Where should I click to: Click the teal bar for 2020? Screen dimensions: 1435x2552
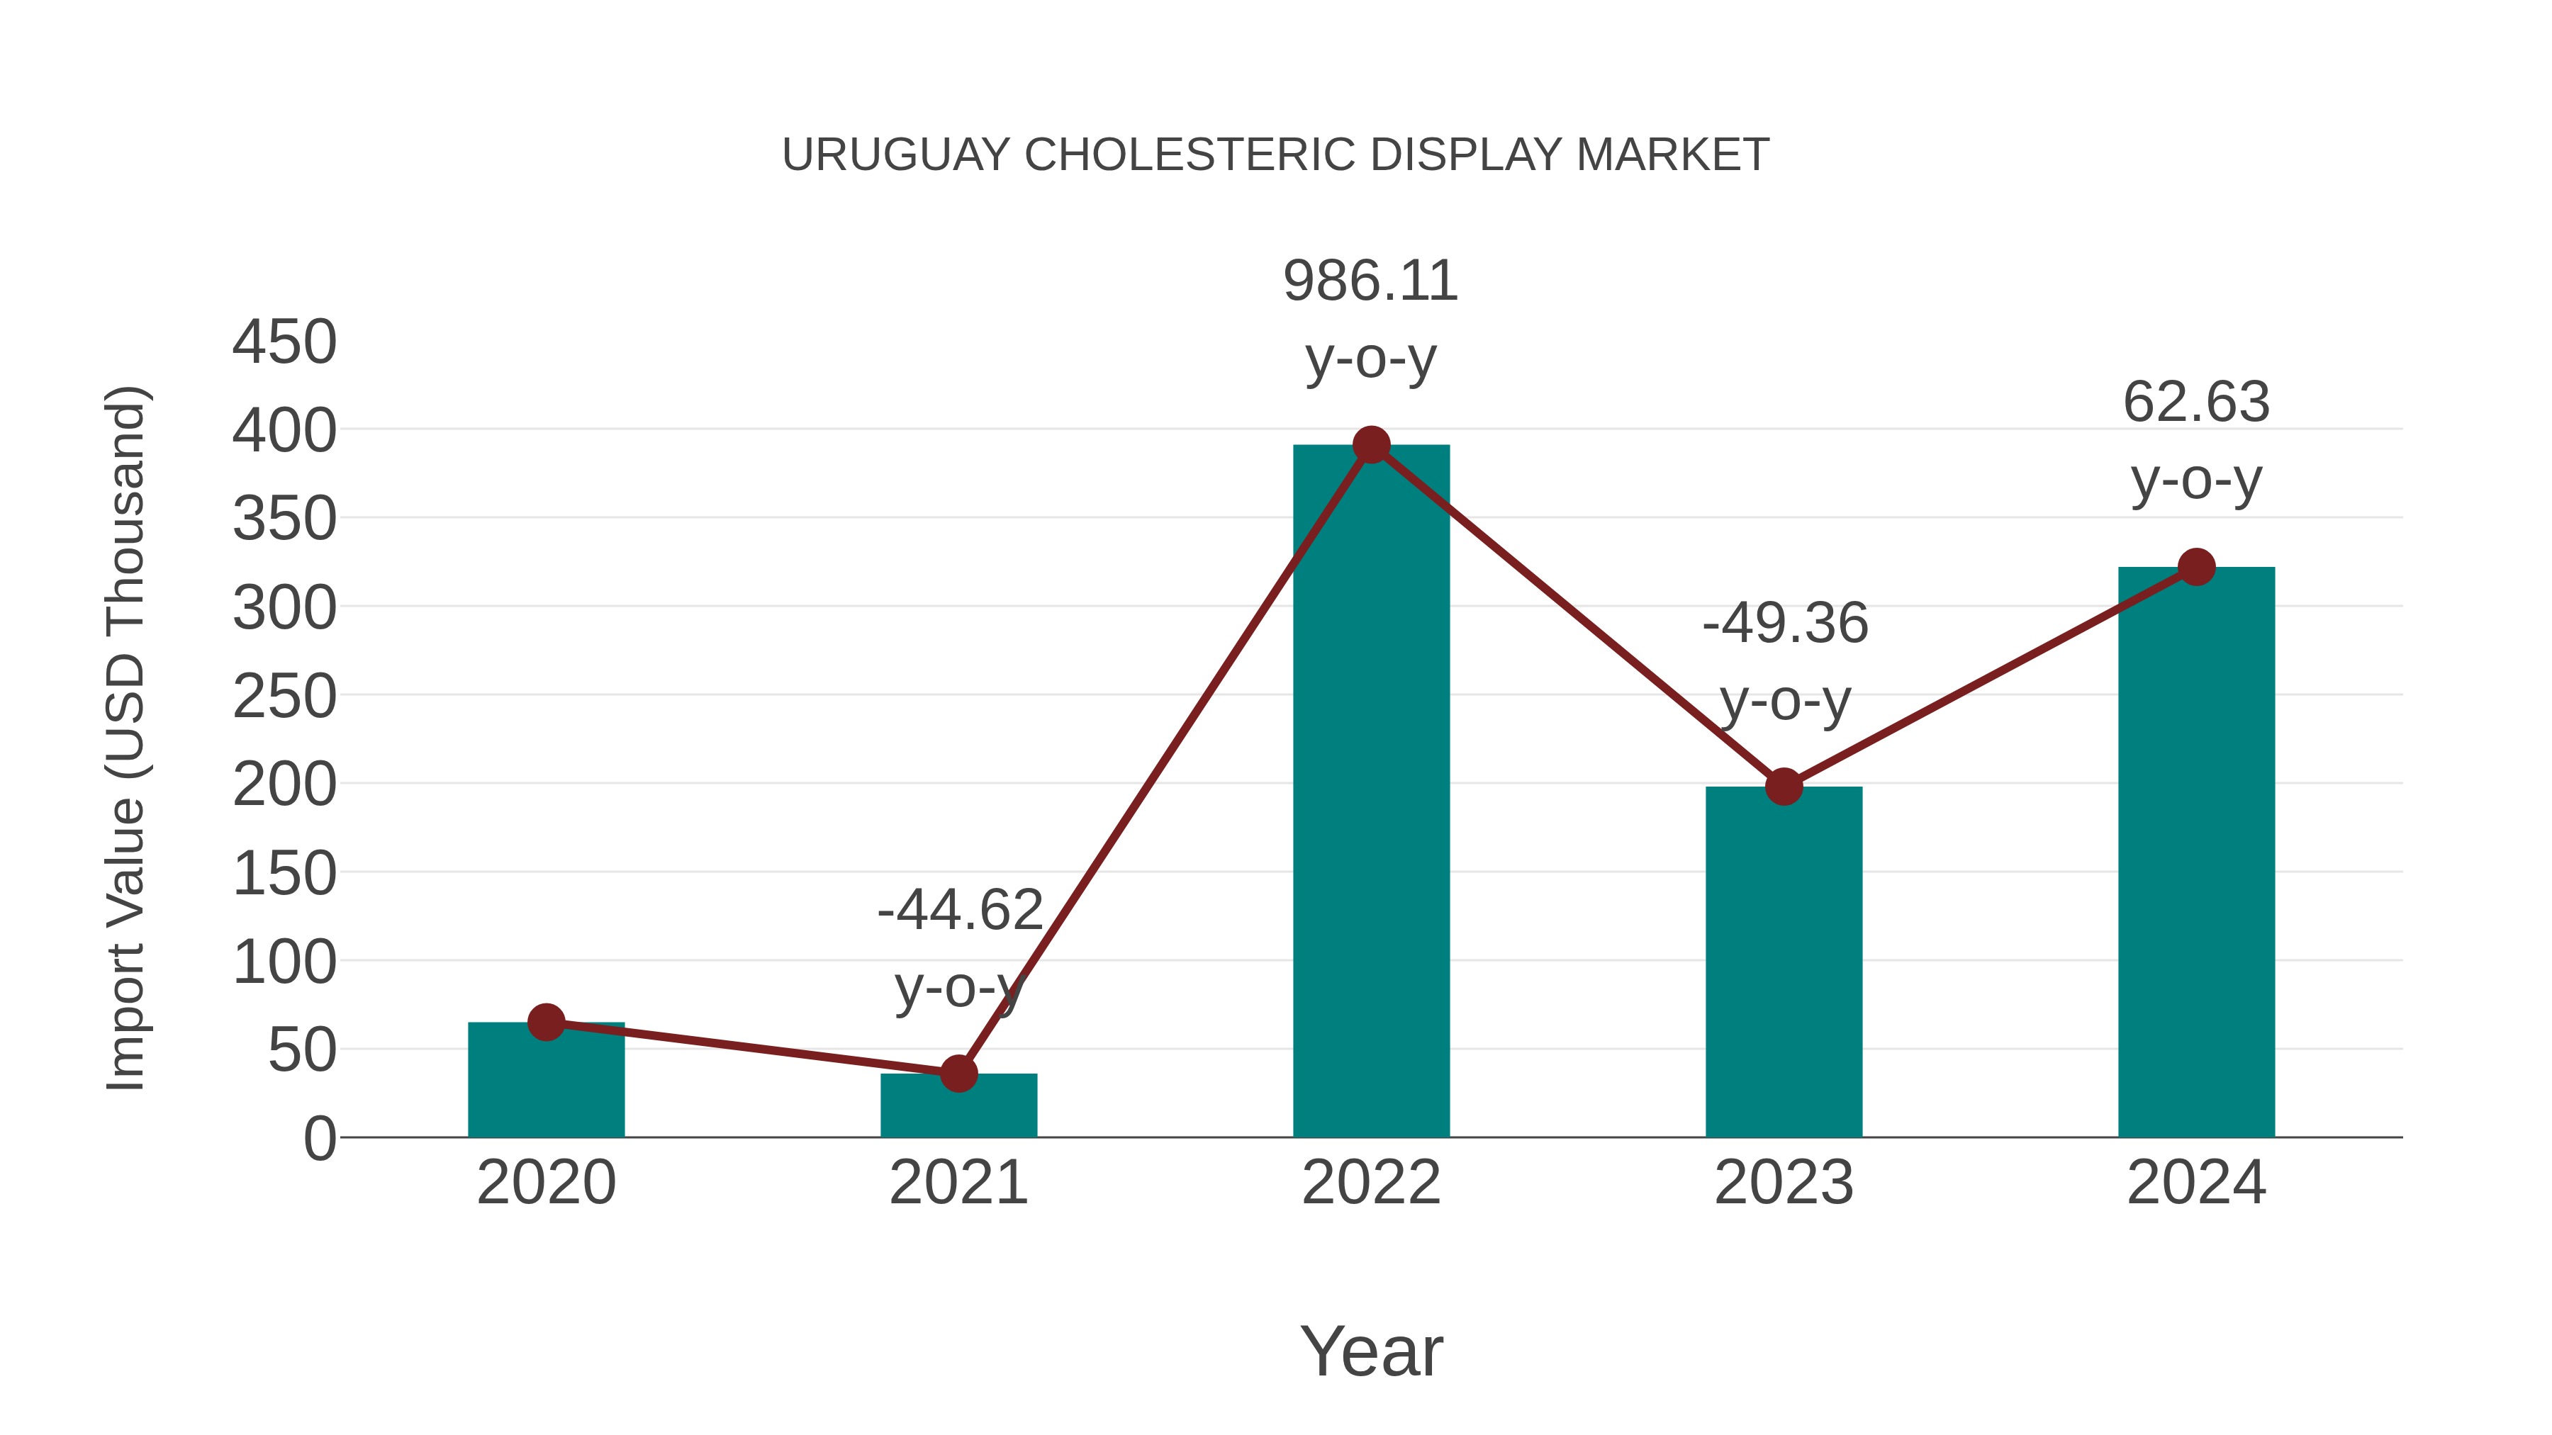tap(546, 1084)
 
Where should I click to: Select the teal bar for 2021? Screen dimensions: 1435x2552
tap(958, 1109)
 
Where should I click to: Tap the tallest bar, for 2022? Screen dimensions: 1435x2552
tap(1371, 792)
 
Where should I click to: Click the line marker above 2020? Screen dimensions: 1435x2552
tap(546, 1022)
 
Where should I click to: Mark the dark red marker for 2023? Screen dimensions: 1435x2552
tap(1784, 787)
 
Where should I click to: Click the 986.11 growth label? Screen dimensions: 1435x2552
tap(1370, 281)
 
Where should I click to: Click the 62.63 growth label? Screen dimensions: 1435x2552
tap(2196, 403)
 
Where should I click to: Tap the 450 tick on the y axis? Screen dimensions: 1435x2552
tap(284, 343)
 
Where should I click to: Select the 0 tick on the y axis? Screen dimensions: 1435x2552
tap(319, 1139)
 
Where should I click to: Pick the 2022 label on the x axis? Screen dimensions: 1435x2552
tap(1371, 1183)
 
